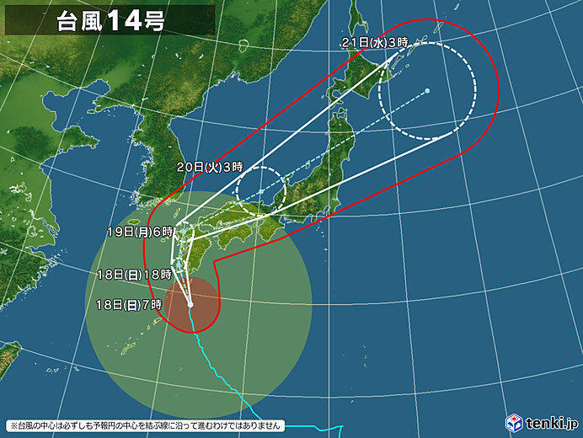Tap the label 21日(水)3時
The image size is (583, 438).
(374, 42)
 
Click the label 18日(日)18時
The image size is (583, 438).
(135, 274)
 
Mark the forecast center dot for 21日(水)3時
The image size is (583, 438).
(428, 90)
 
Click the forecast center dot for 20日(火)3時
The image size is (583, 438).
(261, 191)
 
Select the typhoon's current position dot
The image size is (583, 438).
(190, 304)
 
